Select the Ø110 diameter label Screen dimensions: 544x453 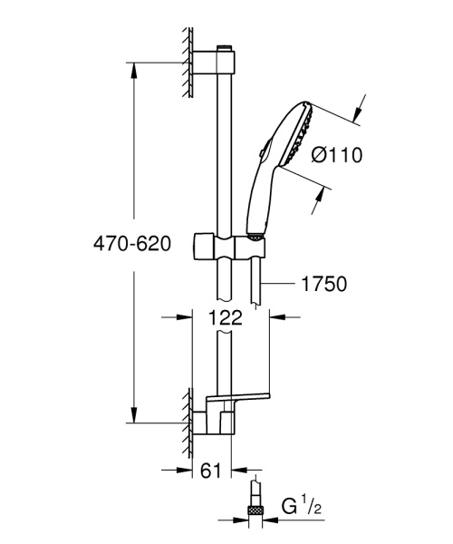click(336, 154)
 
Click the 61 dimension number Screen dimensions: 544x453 click(210, 470)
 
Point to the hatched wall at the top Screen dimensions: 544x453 click(187, 62)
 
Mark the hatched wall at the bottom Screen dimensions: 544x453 click(187, 422)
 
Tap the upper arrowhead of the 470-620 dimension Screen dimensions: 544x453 click(135, 67)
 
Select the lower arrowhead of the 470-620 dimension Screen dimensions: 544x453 click(135, 418)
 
